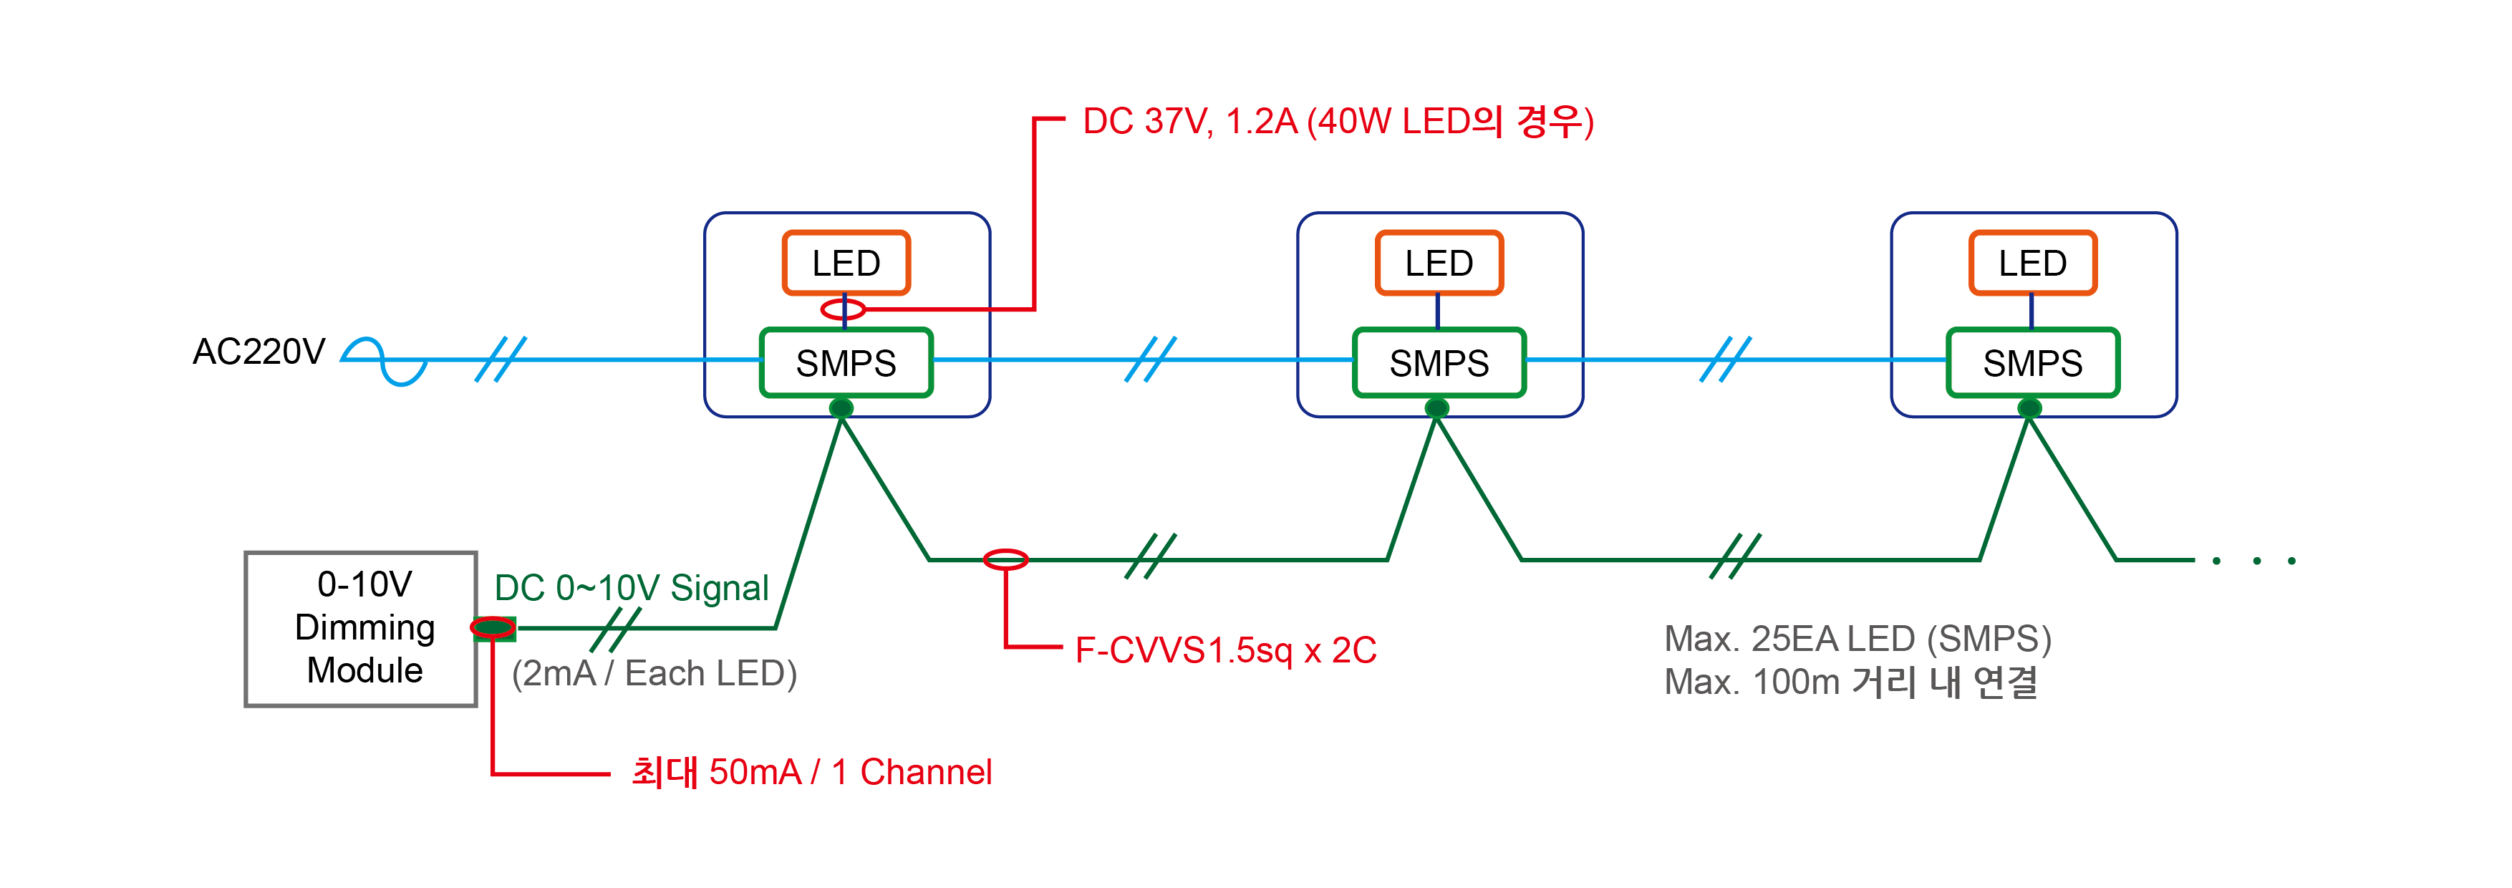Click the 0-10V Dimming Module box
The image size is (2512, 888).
[x=361, y=629]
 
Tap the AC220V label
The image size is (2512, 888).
[x=259, y=352]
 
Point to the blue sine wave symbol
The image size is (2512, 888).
[x=385, y=362]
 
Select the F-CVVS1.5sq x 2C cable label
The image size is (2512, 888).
[x=1224, y=650]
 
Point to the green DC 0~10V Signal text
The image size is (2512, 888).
[x=631, y=588]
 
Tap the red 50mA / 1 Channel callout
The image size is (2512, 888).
[x=811, y=772]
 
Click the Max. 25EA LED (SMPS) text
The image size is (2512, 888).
[x=1857, y=639]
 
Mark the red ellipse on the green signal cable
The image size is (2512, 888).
[x=1005, y=559]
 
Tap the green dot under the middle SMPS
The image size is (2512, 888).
[x=1436, y=407]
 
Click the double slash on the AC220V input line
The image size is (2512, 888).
[x=501, y=359]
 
